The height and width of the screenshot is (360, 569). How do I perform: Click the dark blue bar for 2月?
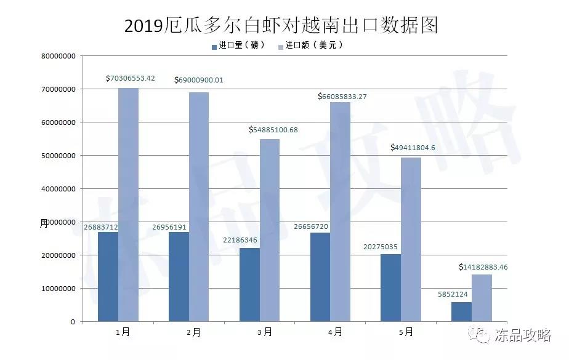click(179, 276)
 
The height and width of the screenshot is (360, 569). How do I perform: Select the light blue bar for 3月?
click(269, 230)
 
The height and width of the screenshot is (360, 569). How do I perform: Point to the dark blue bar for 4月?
click(319, 277)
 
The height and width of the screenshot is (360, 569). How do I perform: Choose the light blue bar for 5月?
click(411, 239)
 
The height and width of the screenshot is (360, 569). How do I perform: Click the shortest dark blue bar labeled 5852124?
click(461, 311)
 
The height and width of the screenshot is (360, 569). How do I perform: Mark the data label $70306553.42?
click(130, 78)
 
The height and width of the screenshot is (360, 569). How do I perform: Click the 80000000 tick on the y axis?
click(58, 56)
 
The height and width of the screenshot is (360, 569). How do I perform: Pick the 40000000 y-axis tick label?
click(58, 189)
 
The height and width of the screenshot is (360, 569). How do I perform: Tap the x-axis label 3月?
click(264, 332)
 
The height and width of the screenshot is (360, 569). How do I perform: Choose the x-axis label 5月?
click(406, 332)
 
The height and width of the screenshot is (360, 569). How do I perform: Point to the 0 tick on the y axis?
click(72, 322)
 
